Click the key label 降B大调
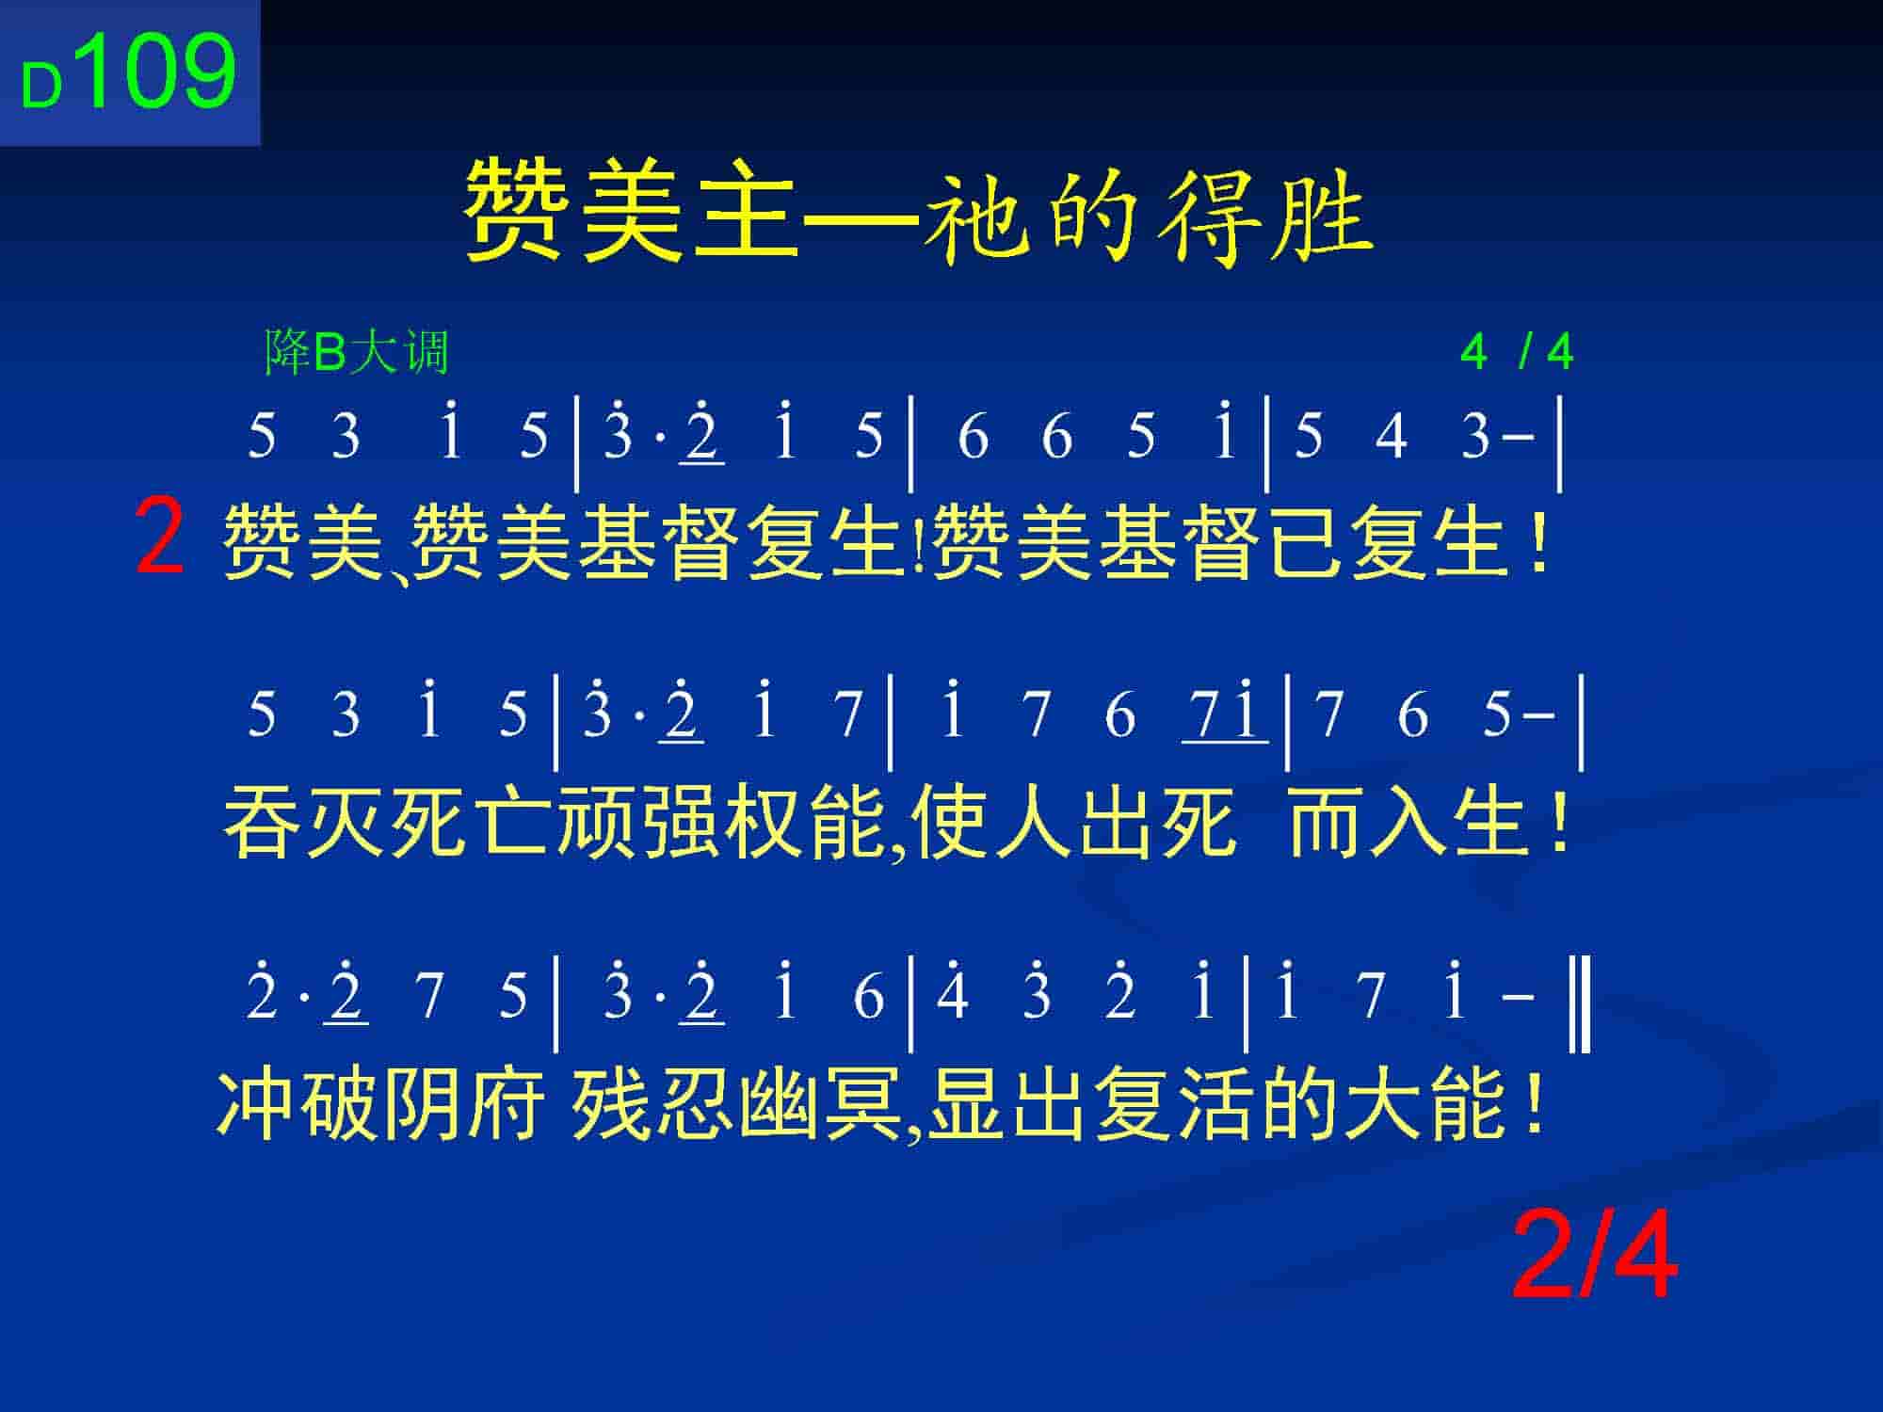(x=357, y=353)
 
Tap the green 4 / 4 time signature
(x=1517, y=352)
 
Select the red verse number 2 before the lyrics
(x=160, y=538)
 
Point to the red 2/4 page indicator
(x=1595, y=1256)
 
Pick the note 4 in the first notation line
(x=1391, y=436)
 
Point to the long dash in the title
(x=861, y=218)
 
